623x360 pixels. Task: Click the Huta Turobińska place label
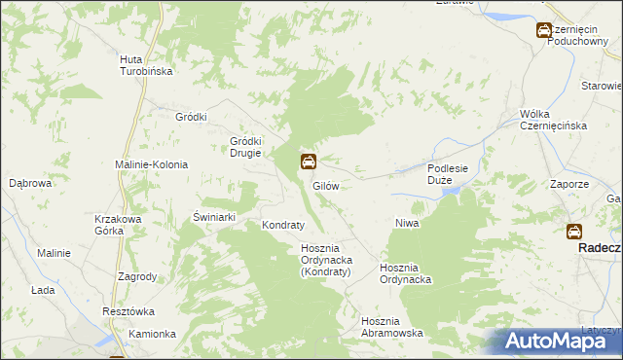146,65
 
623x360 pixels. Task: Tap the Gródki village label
192,117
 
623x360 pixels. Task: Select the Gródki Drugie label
246,145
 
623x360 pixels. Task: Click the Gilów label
325,185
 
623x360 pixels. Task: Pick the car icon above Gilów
308,162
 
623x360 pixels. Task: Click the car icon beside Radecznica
574,232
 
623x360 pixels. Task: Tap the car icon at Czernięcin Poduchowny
544,31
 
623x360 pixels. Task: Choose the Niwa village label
407,224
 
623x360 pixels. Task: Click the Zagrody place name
137,276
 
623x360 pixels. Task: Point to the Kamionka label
152,334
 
